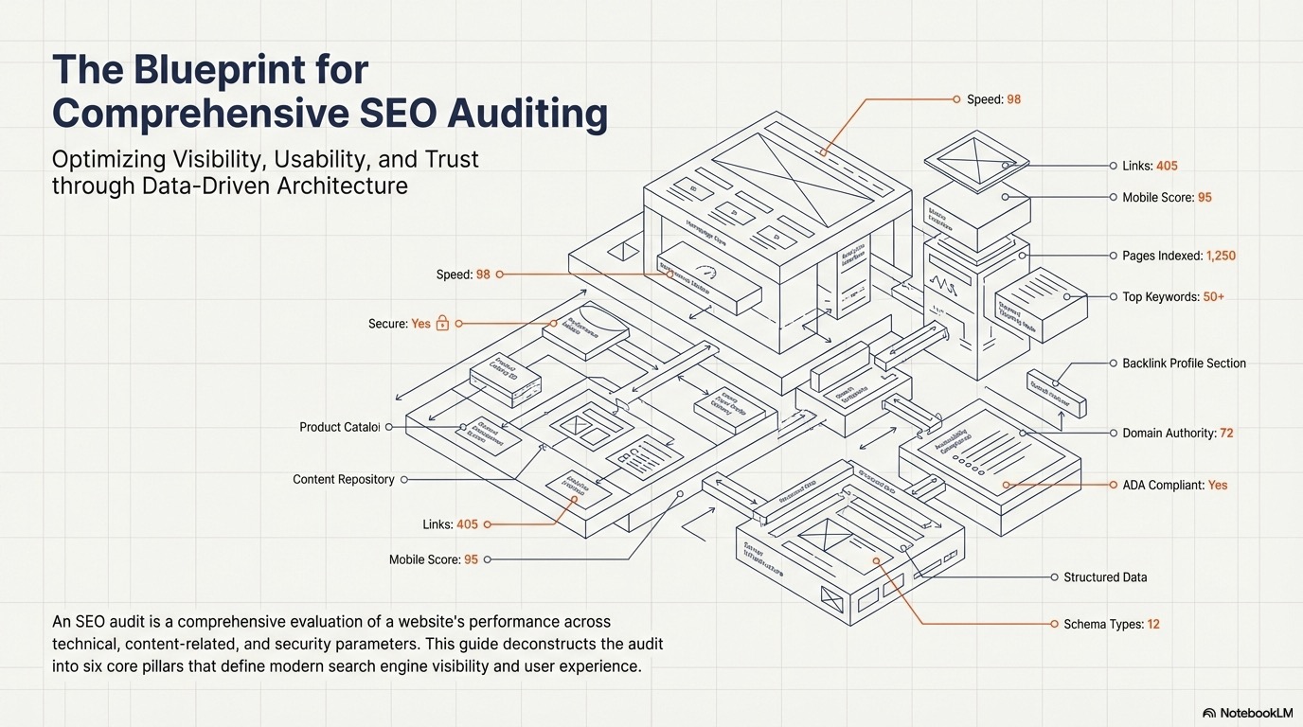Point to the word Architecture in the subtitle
coord(342,185)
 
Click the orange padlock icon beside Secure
coord(442,324)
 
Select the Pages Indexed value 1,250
coord(1221,256)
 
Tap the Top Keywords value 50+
coord(1214,297)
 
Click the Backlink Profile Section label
coord(1184,363)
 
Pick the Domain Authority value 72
coord(1226,434)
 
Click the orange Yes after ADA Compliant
coord(1218,486)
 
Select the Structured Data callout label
coord(1105,577)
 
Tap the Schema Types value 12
coord(1153,625)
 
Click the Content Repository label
coord(343,480)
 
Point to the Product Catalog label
coord(339,428)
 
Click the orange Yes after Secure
coord(421,324)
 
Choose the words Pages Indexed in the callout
coord(1162,256)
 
